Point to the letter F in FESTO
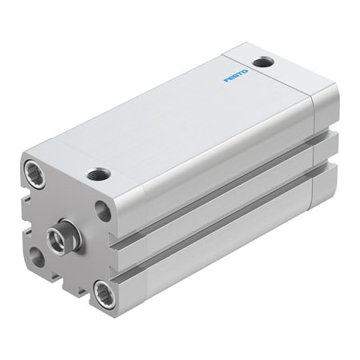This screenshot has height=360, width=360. [226, 81]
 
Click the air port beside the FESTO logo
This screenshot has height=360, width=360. [262, 62]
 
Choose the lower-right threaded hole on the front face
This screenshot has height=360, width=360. [102, 293]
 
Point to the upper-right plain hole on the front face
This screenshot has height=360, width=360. [103, 210]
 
